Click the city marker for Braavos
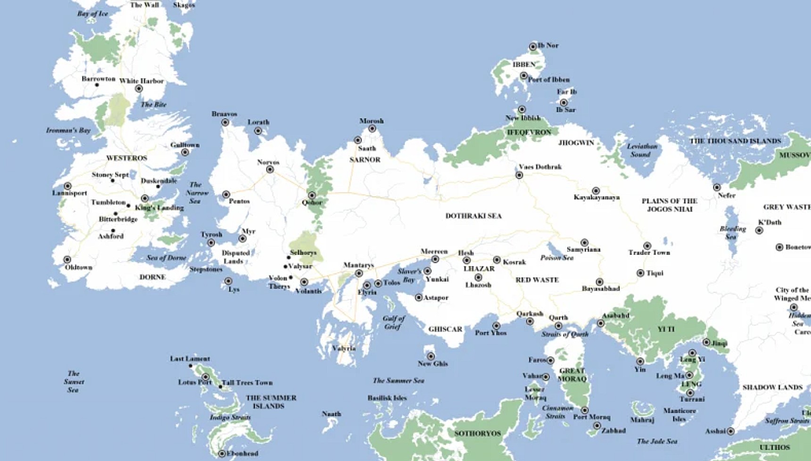(x=225, y=123)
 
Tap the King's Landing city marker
(x=145, y=198)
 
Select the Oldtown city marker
(x=67, y=260)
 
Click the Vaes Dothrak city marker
(x=519, y=175)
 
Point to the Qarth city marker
(x=558, y=326)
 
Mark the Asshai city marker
(x=730, y=431)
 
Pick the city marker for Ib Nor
(x=533, y=46)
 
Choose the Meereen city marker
(x=435, y=259)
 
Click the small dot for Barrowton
(x=97, y=85)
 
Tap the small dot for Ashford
(x=113, y=230)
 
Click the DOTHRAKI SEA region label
(x=473, y=216)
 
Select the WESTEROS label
(x=126, y=158)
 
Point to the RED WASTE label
(x=537, y=280)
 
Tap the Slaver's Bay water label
(x=409, y=275)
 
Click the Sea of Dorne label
(x=166, y=258)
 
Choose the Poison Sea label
(x=556, y=258)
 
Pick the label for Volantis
(x=308, y=291)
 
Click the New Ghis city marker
(x=431, y=356)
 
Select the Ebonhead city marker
(x=222, y=453)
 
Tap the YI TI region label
(x=666, y=329)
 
